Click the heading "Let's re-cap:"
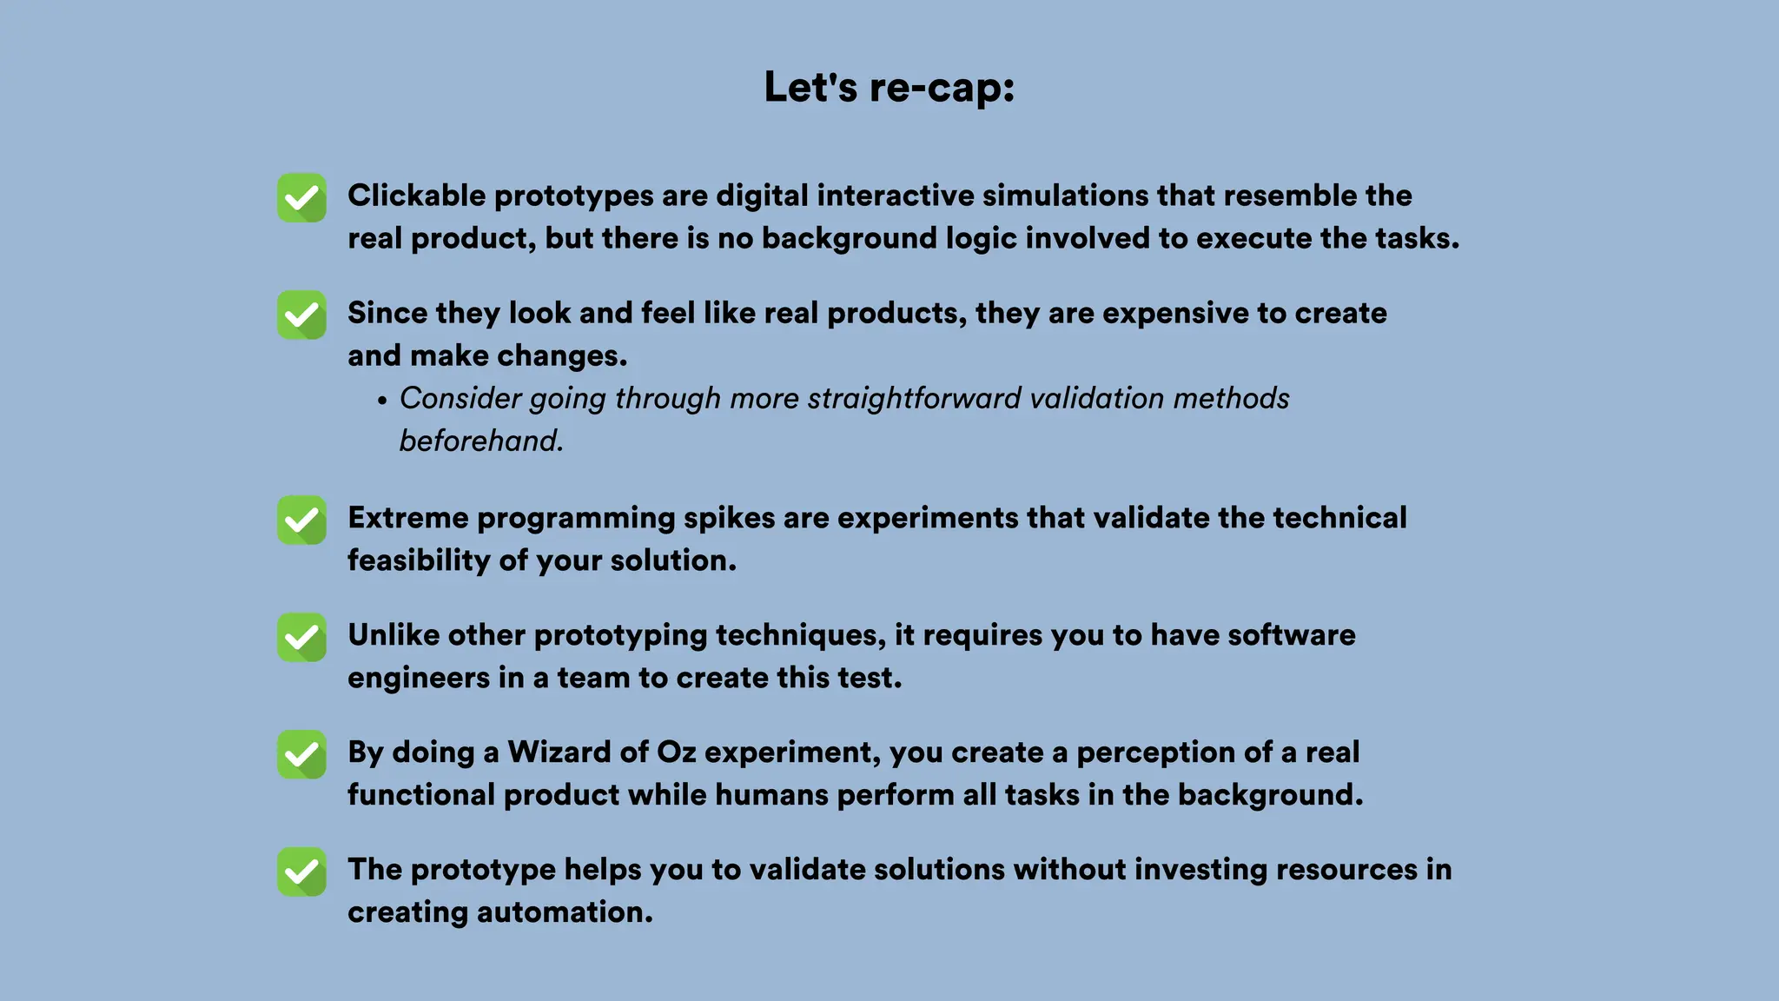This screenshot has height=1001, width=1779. (889, 88)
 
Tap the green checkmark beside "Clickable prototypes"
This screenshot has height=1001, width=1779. (301, 198)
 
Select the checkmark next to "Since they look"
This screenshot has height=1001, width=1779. (301, 315)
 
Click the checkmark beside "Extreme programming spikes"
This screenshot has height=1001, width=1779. (301, 520)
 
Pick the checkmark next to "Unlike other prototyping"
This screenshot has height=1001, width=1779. (301, 638)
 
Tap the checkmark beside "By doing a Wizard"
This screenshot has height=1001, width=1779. (301, 755)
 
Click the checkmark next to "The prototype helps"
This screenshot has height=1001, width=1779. (301, 872)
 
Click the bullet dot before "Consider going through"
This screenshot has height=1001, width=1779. (382, 401)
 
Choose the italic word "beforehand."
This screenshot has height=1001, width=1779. (481, 441)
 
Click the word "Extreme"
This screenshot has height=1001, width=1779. (407, 518)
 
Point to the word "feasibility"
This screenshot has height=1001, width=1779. (419, 560)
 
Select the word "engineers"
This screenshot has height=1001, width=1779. (419, 678)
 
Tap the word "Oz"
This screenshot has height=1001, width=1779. (676, 752)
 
